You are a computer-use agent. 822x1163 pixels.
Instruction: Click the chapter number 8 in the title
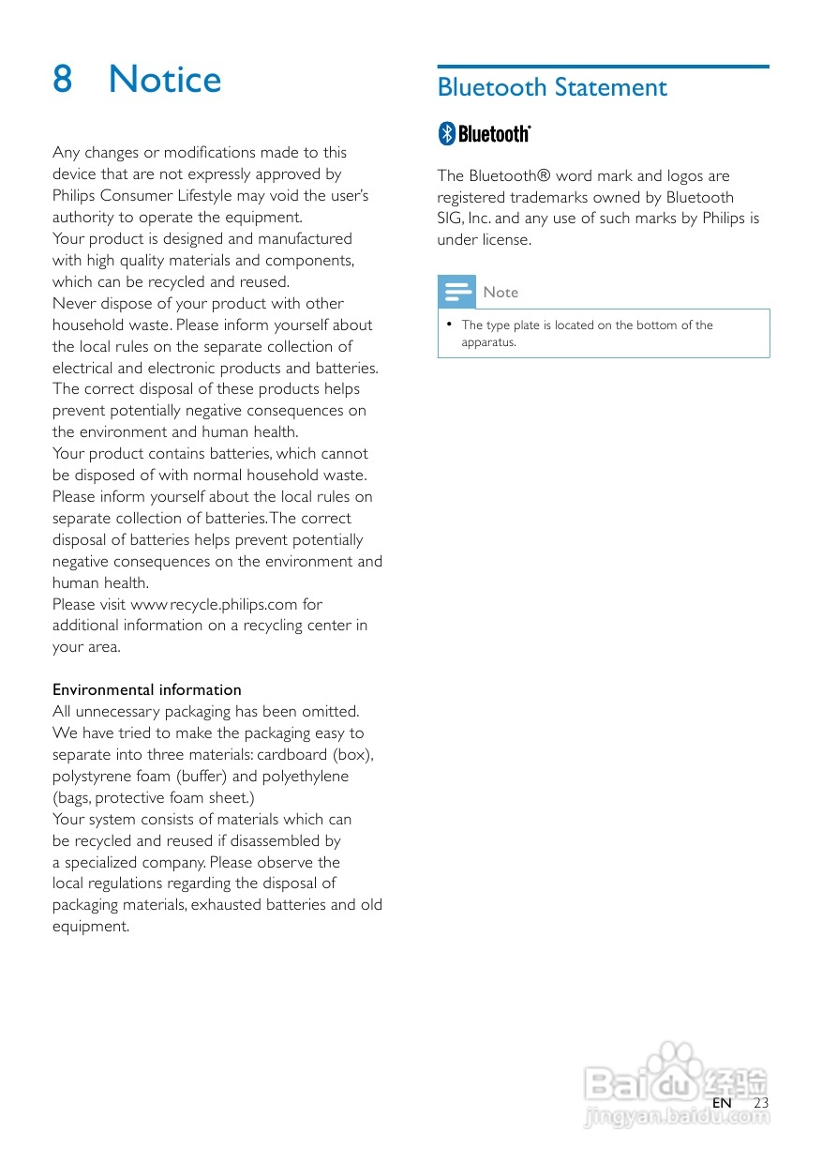tap(63, 80)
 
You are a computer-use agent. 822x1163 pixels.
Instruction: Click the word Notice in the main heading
tap(165, 80)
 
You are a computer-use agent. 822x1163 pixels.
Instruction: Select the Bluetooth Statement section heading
tap(552, 88)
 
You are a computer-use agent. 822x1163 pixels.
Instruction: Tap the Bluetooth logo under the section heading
tap(485, 134)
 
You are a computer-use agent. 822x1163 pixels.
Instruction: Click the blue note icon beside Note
tap(457, 293)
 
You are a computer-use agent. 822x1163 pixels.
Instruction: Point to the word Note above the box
tap(501, 293)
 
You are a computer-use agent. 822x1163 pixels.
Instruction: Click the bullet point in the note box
tap(450, 325)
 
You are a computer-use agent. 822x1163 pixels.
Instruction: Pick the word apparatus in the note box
tap(488, 342)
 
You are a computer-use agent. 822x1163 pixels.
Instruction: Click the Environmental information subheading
tap(147, 689)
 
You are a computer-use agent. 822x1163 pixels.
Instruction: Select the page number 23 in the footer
tap(761, 1103)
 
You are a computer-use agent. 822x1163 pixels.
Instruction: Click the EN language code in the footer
tap(722, 1103)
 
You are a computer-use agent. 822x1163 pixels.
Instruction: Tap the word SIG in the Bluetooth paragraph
tap(449, 219)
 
